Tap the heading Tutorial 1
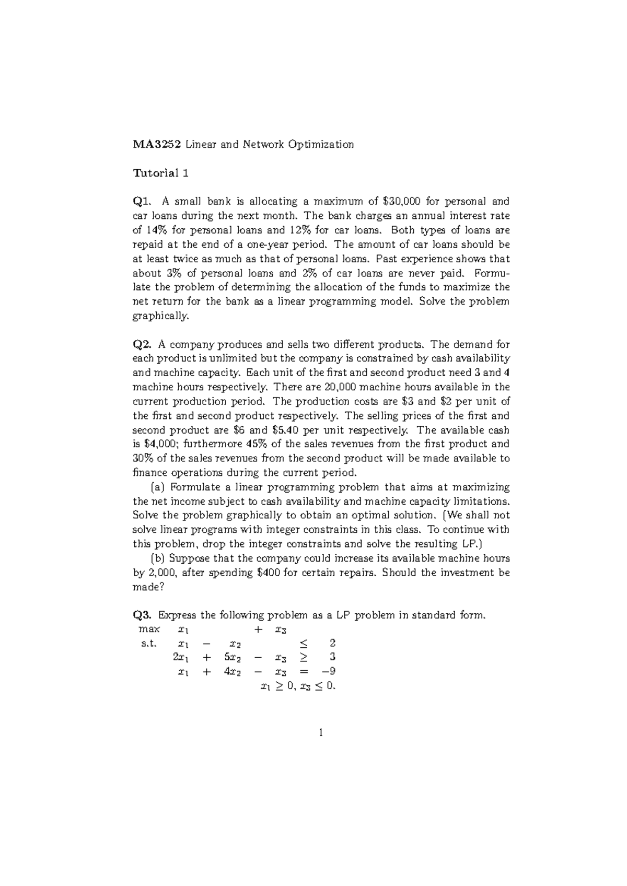pos(160,173)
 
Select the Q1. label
pos(144,202)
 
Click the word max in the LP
pos(150,629)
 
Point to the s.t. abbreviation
pos(149,644)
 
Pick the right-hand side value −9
pos(328,672)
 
